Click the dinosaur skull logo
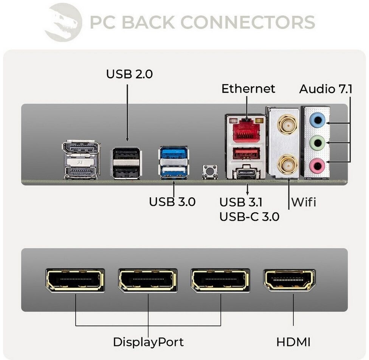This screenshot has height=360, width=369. (63, 22)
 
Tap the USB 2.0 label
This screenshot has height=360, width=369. (129, 74)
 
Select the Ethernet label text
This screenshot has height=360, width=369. (248, 89)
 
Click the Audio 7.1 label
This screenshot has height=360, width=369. (326, 89)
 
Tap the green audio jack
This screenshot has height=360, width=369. (317, 143)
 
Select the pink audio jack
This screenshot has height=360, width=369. (317, 164)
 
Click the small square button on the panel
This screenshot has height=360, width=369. (209, 171)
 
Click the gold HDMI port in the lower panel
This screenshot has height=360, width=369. (289, 280)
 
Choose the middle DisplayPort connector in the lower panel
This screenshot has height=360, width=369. (148, 280)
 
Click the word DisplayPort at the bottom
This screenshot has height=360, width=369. (148, 342)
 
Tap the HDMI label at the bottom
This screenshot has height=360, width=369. (293, 342)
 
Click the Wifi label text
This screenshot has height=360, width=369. (303, 202)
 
